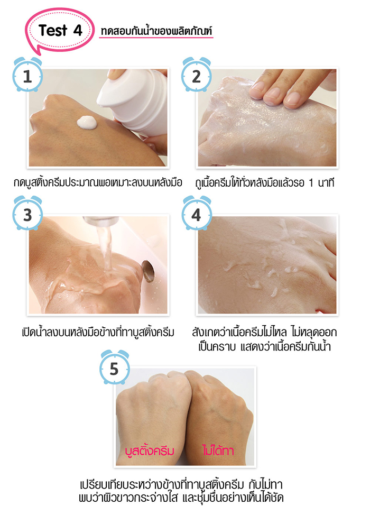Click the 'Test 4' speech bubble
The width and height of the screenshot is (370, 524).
pos(60,30)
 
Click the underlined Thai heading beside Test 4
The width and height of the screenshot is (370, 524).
pos(156,31)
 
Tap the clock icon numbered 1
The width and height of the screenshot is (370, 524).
pos(27,75)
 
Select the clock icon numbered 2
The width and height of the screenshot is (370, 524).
pos(196,75)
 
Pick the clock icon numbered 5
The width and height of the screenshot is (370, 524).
pos(115,367)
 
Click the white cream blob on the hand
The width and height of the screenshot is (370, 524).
pos(87,123)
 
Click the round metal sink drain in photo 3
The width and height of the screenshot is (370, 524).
pos(149,271)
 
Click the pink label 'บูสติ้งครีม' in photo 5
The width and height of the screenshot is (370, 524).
pos(150,451)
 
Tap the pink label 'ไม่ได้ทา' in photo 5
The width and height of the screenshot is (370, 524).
pos(218,451)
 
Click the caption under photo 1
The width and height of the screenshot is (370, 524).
pos(98,182)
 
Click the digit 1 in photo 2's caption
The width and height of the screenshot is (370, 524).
pos(311,183)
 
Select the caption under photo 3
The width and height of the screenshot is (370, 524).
pos(98,332)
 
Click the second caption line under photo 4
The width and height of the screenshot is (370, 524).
pos(264,346)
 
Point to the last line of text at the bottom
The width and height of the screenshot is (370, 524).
pos(181,498)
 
